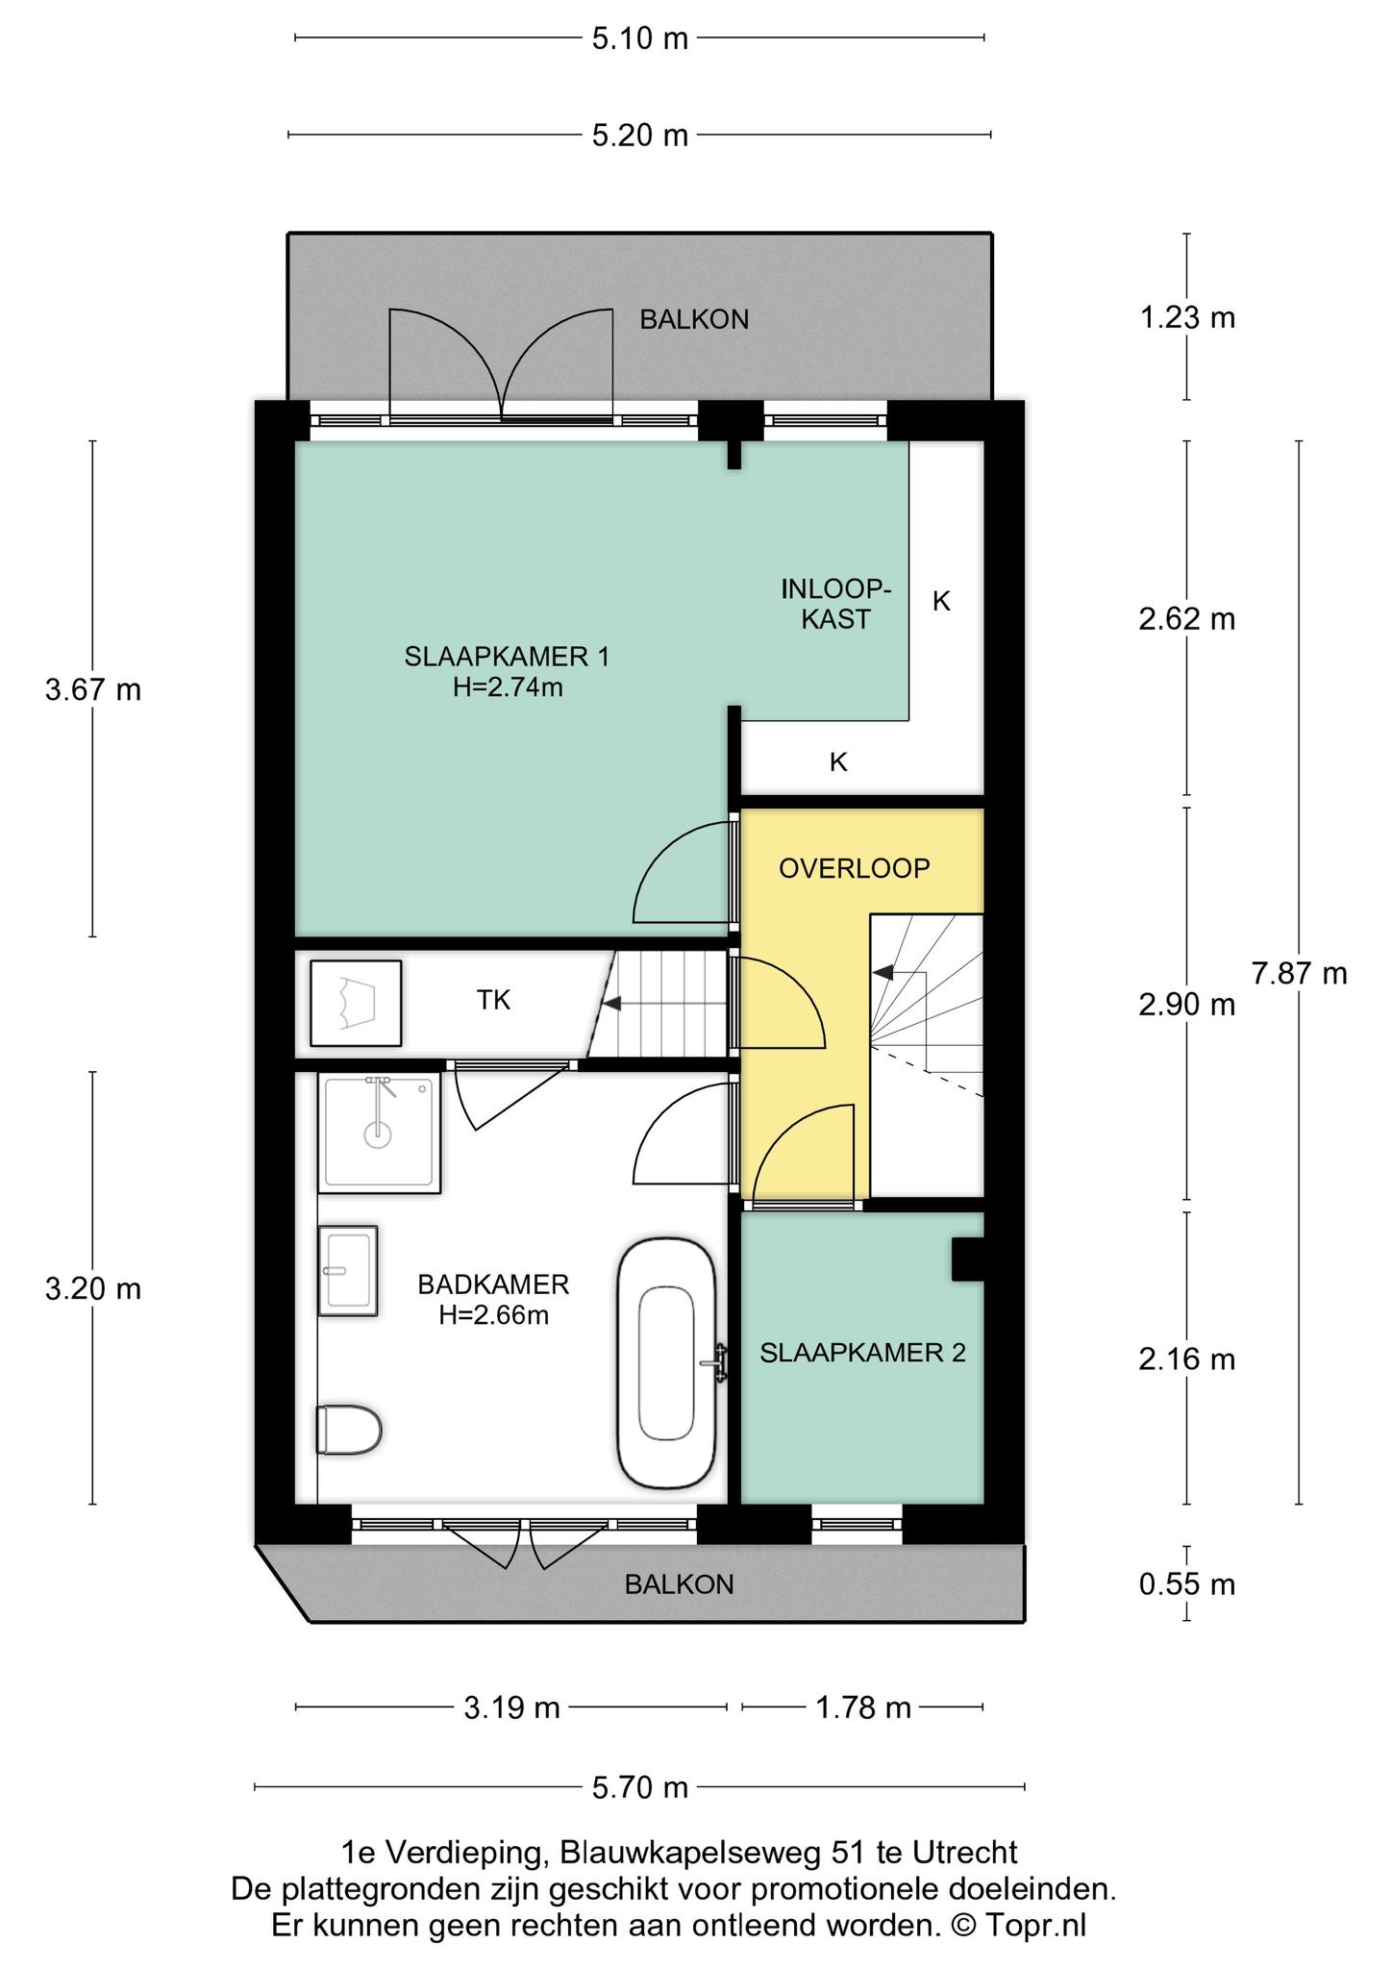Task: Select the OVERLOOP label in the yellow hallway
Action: coord(855,869)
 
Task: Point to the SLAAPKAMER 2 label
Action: coord(862,1354)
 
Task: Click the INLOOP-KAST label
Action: coord(836,604)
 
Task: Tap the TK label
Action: coord(494,1001)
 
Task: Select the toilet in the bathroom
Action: coord(349,1431)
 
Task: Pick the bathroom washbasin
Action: coord(347,1270)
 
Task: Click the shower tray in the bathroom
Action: coord(381,1134)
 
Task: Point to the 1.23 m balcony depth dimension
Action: coord(1187,317)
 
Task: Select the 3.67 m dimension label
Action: coord(93,689)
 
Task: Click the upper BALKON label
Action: coord(694,320)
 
